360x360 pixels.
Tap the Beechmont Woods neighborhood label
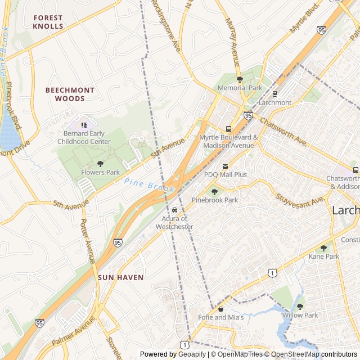(x=70, y=94)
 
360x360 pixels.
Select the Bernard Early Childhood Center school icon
(x=84, y=125)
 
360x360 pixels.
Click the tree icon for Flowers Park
(x=101, y=164)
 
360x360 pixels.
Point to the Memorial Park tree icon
(x=240, y=79)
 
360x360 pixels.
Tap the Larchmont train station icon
(x=274, y=94)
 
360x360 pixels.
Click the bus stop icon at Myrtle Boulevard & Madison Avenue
(x=228, y=129)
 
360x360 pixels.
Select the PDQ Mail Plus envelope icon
(x=225, y=166)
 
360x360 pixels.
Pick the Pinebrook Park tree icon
(x=214, y=192)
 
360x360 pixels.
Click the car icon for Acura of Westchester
(x=174, y=210)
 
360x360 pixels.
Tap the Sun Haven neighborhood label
(x=120, y=277)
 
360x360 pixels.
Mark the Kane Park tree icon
(x=323, y=247)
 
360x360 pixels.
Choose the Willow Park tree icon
(x=300, y=307)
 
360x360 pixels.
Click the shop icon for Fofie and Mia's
(x=220, y=309)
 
